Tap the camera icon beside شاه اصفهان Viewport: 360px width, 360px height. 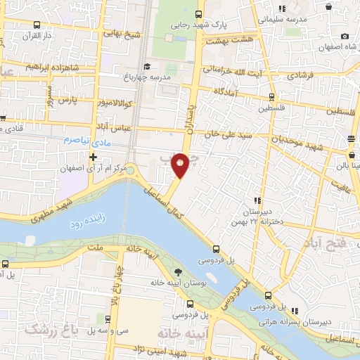[344, 37]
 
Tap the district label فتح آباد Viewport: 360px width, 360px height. [325, 243]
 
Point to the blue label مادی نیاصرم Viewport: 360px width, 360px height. [85, 141]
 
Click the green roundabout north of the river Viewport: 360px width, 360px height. [131, 169]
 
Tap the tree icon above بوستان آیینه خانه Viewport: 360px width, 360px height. [177, 273]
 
